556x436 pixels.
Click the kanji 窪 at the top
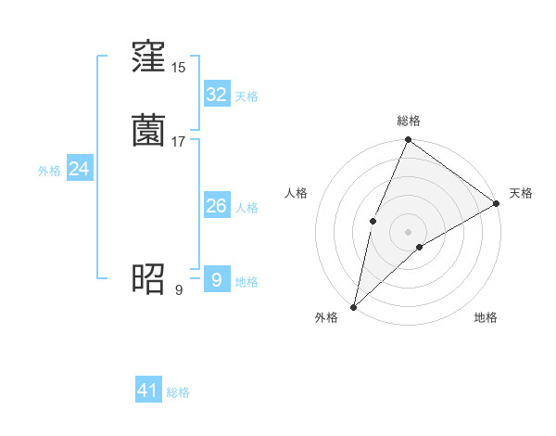click(148, 58)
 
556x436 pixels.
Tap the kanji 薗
click(148, 131)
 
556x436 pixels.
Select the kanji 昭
click(148, 277)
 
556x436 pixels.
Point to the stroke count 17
click(179, 141)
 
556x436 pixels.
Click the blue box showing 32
click(216, 95)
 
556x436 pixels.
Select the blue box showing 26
click(216, 206)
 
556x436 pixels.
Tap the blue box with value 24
click(80, 169)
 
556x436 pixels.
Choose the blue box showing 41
click(148, 391)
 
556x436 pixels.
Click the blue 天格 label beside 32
click(246, 96)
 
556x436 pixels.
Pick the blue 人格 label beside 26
click(246, 208)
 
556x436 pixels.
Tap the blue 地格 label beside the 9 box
click(246, 282)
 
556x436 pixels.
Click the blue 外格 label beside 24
click(49, 171)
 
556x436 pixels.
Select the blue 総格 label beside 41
click(178, 392)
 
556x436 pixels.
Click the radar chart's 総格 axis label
click(408, 121)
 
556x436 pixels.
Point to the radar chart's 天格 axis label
click(521, 193)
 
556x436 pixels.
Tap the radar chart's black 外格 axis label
click(326, 317)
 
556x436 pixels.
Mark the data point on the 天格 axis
click(497, 203)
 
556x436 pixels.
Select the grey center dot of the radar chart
click(408, 231)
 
